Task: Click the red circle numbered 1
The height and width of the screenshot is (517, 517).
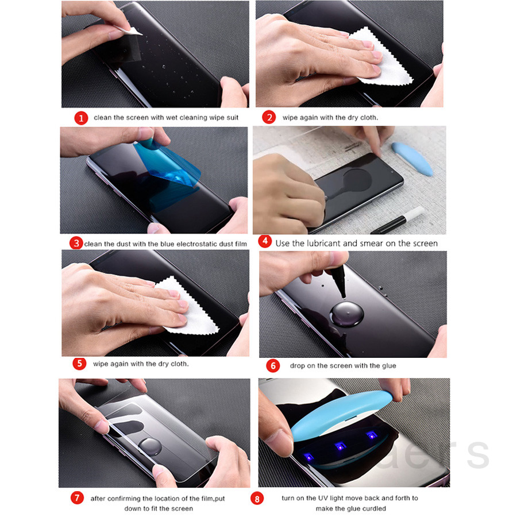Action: (82, 118)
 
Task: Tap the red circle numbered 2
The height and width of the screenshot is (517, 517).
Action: (269, 117)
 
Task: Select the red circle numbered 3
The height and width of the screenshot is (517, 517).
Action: (76, 243)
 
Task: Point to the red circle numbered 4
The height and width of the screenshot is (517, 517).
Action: (264, 241)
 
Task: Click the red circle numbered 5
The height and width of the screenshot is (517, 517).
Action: (80, 363)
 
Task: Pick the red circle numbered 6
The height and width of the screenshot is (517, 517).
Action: (273, 365)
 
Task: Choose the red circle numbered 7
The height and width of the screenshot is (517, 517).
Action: (78, 498)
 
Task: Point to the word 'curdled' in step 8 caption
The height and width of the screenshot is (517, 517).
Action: (374, 508)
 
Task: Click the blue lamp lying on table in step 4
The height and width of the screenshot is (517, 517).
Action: (412, 158)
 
